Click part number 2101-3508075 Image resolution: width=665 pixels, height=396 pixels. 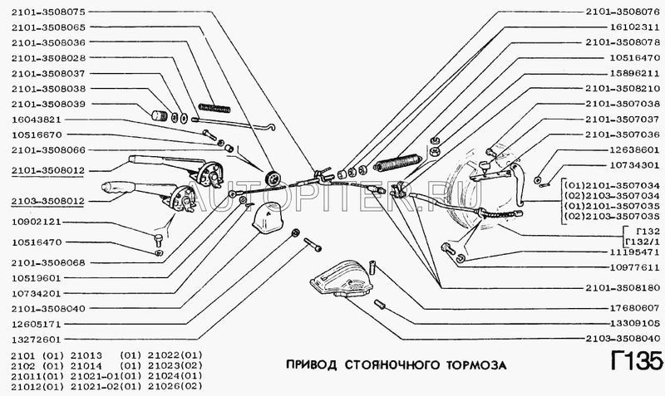pyautogui.click(x=48, y=12)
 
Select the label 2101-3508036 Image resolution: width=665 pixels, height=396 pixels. pyautogui.click(x=48, y=42)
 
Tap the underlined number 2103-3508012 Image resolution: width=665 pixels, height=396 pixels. pyautogui.click(x=48, y=201)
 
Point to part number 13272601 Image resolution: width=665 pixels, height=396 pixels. pyautogui.click(x=37, y=340)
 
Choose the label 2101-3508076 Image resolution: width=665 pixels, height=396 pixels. pyautogui.click(x=623, y=12)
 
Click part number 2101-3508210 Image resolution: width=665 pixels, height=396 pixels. pyautogui.click(x=623, y=89)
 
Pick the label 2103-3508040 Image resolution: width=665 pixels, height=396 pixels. pyautogui.click(x=623, y=339)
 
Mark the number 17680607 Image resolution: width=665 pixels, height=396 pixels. pyautogui.click(x=635, y=308)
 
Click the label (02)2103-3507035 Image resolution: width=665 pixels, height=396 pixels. pyautogui.click(x=612, y=217)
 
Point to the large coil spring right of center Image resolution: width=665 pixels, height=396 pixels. pyautogui.click(x=397, y=162)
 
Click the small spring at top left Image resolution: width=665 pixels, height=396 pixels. pyautogui.click(x=214, y=108)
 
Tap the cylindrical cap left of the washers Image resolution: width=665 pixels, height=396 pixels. pyautogui.click(x=160, y=115)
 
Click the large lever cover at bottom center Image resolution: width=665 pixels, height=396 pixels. pyautogui.click(x=342, y=279)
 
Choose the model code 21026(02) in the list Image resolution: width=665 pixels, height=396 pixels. pyautogui.click(x=175, y=386)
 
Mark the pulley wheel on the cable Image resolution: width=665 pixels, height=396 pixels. pyautogui.click(x=272, y=178)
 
